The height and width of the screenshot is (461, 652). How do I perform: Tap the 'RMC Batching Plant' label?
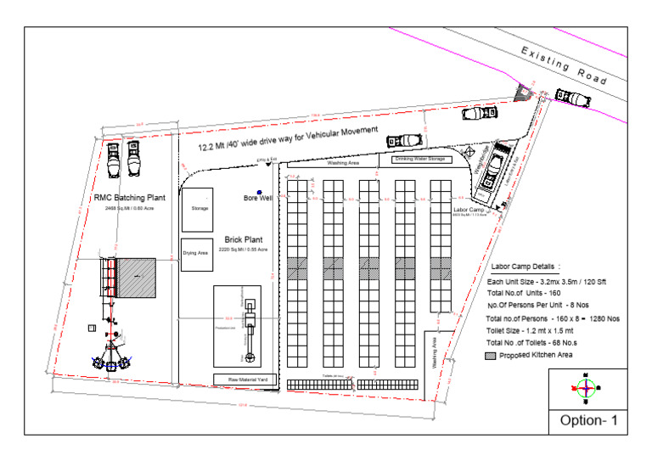click(129, 198)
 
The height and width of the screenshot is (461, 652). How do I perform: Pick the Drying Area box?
click(196, 253)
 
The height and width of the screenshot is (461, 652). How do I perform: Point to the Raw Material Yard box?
click(244, 379)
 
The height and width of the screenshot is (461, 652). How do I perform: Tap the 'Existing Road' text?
click(564, 65)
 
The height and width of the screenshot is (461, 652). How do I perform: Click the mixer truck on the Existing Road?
click(572, 98)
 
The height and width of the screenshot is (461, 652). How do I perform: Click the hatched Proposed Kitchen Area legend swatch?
click(491, 355)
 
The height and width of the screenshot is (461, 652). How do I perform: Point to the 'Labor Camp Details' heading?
click(526, 265)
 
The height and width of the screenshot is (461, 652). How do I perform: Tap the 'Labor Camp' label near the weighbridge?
click(468, 210)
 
